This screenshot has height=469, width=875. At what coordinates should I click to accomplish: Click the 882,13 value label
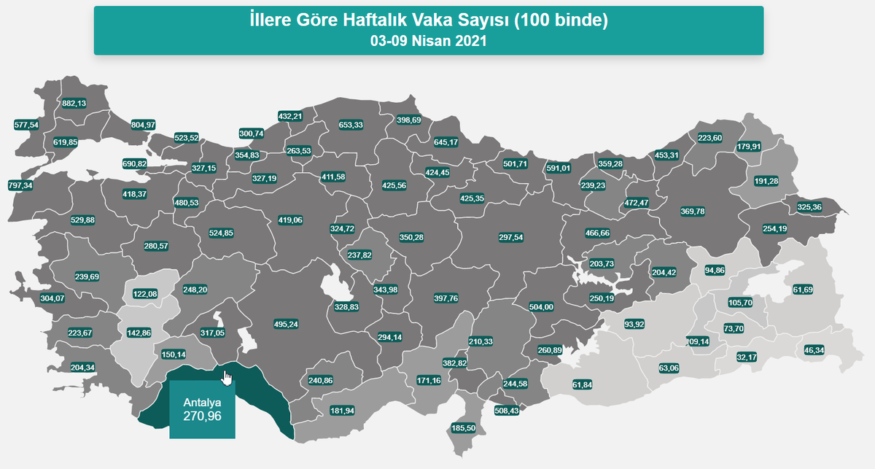coord(74,104)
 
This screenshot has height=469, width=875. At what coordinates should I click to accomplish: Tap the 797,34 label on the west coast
coord(20,185)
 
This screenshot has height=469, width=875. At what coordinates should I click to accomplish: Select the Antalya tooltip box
coord(202,411)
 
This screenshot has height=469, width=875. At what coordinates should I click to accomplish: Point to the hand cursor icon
coord(227,379)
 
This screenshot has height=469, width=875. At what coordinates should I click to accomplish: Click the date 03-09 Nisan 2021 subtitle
coord(428,42)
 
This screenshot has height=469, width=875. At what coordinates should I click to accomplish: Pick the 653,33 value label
coord(351,125)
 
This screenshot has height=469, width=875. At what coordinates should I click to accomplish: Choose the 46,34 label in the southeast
coord(814,350)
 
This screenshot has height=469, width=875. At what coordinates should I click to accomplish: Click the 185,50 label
coord(464,427)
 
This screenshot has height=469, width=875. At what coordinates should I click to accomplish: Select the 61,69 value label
coord(801,290)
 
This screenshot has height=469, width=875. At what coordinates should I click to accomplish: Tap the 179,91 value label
coord(752,146)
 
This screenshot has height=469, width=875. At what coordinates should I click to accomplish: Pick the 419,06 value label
coord(290,220)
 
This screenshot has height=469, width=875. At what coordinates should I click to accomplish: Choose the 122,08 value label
coord(145,294)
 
